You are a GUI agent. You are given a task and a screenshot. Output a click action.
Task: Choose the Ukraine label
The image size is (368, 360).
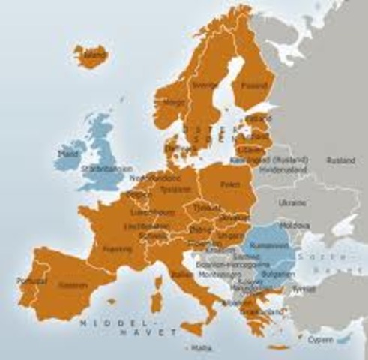click(x=292, y=202)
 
